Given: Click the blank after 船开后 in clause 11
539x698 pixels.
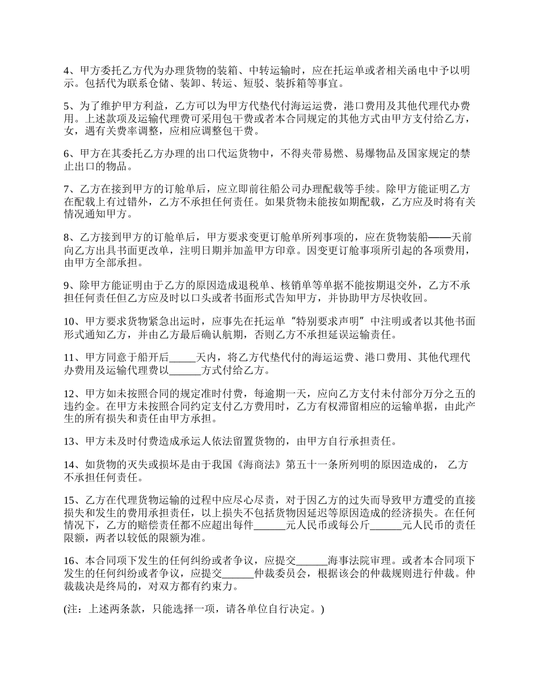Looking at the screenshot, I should (x=182, y=359).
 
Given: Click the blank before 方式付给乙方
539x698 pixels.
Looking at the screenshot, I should (x=186, y=371).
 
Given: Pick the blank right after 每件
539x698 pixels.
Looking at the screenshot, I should (x=269, y=525).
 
